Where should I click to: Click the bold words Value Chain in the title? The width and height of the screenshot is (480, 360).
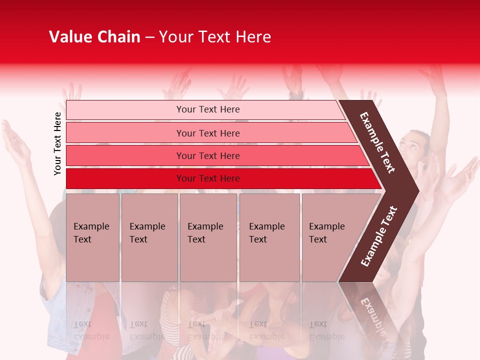tap(94, 37)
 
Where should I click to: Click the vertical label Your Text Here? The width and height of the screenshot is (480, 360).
tap(57, 143)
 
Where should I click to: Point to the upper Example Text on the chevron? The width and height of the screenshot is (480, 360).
tap(378, 142)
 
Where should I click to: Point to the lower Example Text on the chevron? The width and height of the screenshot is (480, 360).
tap(379, 236)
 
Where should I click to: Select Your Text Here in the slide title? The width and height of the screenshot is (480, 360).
tap(215, 37)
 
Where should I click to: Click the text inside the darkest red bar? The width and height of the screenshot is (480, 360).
tap(208, 178)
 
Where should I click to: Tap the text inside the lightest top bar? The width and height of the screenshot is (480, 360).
tap(208, 109)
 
